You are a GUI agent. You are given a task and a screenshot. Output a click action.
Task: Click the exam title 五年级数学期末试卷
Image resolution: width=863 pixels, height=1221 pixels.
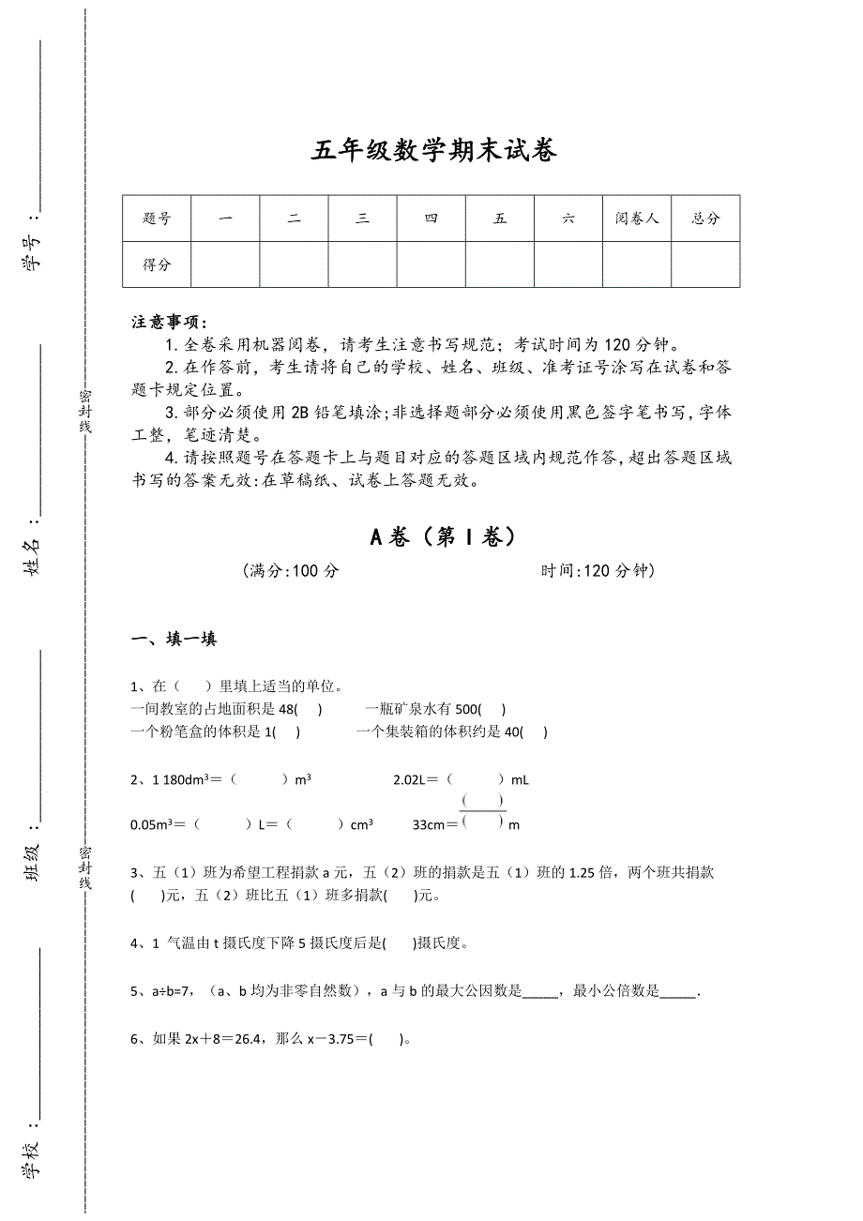click(433, 150)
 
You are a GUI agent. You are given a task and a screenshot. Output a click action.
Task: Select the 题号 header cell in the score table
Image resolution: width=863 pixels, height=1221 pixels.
click(157, 219)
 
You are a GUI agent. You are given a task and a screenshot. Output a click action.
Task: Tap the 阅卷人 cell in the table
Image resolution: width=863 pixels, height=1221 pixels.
click(637, 219)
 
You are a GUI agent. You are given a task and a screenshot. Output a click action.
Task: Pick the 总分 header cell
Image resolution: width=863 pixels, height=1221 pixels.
click(705, 219)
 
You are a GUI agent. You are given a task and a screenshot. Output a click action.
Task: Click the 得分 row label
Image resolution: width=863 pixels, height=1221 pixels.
click(157, 264)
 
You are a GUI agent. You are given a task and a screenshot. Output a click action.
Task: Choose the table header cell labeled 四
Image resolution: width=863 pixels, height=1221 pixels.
click(431, 219)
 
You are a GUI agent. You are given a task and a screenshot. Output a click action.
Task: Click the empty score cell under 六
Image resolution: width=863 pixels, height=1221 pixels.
click(568, 264)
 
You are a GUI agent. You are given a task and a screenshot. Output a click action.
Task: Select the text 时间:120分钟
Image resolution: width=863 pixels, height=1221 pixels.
click(598, 571)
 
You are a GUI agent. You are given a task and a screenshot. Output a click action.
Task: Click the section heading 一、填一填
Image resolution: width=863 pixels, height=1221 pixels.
click(174, 640)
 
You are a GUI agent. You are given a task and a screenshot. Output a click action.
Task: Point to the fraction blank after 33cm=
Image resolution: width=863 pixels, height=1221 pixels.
click(483, 812)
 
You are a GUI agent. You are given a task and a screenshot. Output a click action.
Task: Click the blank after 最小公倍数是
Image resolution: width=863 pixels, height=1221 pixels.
click(678, 991)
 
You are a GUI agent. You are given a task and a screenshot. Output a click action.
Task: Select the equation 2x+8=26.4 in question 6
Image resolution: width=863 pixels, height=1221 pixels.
click(225, 1039)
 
